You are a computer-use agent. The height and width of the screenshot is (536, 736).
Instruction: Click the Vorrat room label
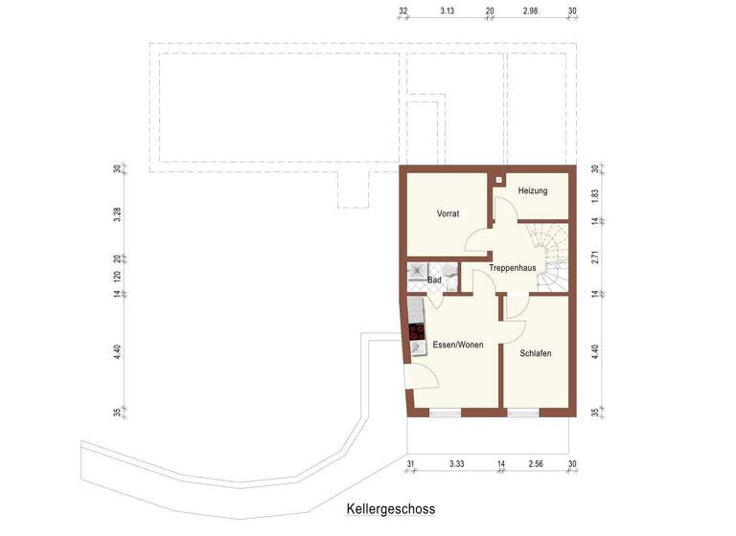[449, 214]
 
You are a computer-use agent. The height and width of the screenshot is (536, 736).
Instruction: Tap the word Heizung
[532, 191]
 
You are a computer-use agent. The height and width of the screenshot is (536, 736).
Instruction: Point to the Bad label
[434, 280]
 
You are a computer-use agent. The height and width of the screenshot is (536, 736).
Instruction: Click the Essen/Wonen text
[456, 345]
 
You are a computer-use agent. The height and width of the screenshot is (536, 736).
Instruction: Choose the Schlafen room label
[535, 353]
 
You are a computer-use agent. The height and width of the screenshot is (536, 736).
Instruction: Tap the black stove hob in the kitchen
[416, 333]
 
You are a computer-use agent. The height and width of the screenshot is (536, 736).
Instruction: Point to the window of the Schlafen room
[522, 413]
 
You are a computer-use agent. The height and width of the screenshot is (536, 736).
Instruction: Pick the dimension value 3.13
[447, 11]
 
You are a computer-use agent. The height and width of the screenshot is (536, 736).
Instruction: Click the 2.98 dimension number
[530, 11]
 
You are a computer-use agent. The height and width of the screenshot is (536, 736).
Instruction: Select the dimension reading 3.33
[457, 464]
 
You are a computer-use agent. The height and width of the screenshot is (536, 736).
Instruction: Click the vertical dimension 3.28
[117, 213]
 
